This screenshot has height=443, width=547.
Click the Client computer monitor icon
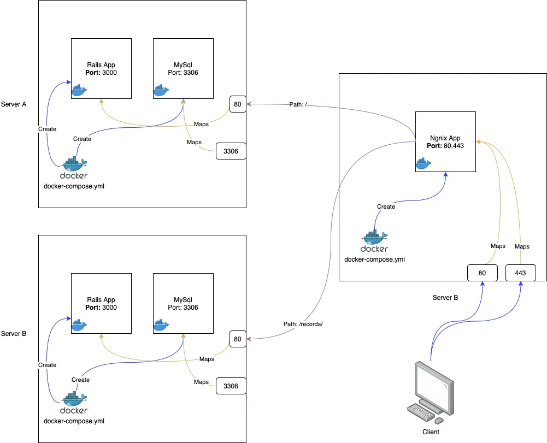[434, 385]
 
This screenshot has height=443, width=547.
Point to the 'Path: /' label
[298, 104]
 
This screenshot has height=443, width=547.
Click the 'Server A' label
[14, 104]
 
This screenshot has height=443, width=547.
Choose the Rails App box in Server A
[101, 68]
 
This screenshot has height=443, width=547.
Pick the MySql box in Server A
[183, 68]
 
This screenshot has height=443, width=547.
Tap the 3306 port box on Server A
[231, 151]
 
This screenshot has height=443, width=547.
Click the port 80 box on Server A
[238, 104]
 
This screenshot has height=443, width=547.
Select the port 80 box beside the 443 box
[483, 273]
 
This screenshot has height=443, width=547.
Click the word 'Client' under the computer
[431, 432]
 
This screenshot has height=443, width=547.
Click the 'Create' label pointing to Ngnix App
[386, 206]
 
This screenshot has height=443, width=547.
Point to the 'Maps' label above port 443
[522, 246]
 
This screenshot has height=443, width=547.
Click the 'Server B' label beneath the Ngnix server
[445, 298]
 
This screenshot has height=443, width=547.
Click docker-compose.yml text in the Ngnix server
[374, 259]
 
